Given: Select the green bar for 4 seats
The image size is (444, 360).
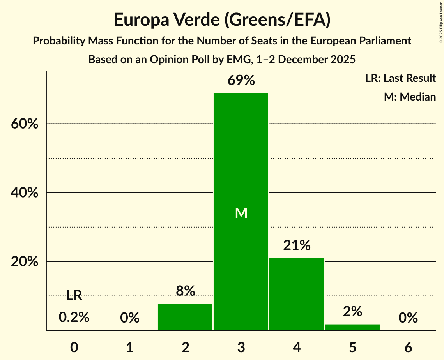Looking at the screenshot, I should tap(297, 294).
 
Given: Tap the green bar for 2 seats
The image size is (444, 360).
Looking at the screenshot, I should tap(185, 317).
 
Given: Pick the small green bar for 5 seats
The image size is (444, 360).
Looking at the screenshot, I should tap(352, 327).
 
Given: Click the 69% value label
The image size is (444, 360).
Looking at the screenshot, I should tap(241, 81).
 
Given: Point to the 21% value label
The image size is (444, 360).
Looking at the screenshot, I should tap(297, 245).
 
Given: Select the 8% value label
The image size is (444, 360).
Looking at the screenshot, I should tap(185, 291).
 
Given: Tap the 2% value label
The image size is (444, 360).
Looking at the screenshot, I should tap(352, 311).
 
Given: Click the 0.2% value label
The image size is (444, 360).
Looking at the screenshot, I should tap(74, 318).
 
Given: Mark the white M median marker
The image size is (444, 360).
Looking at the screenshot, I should tap(241, 213).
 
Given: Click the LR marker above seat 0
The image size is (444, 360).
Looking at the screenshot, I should tap(74, 296).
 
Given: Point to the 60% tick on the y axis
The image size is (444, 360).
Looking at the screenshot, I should tap(24, 124).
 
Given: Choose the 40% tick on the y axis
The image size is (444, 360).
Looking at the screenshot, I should tap(24, 193).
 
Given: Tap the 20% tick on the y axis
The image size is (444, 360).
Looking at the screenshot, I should tap(24, 262).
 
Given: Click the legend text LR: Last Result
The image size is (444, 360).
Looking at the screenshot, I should tap(400, 78).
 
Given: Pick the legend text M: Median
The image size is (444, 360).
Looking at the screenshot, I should tap(410, 97).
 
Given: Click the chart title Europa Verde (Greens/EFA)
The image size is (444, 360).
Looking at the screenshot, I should tap(222, 20).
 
